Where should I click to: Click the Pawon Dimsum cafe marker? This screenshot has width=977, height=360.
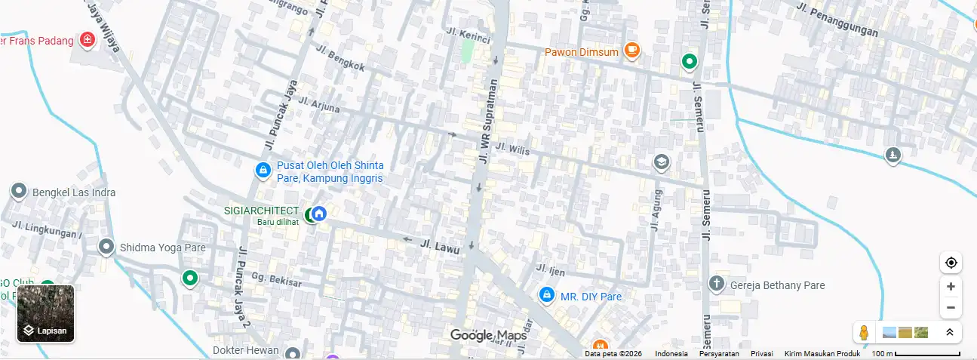[x=631, y=51]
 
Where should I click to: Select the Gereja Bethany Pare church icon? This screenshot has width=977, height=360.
[x=716, y=285]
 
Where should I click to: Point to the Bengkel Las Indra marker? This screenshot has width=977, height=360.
[x=19, y=192]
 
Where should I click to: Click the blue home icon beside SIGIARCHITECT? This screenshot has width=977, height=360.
[x=319, y=214]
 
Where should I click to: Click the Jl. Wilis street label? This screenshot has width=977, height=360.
[x=513, y=149]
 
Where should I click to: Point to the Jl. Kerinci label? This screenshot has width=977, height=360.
[x=469, y=35]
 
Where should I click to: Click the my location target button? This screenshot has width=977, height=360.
[x=951, y=263]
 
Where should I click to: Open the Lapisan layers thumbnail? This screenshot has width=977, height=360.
[x=46, y=313]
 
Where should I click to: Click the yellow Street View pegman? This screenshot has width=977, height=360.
[x=865, y=332]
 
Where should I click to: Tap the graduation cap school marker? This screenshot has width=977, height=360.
[x=661, y=162]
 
